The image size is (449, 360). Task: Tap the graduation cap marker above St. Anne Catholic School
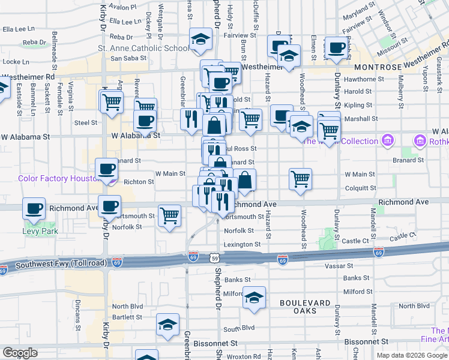[x=200, y=40]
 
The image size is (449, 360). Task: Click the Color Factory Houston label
[x=58, y=178]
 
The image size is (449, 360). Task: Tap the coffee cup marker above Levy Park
[x=34, y=209]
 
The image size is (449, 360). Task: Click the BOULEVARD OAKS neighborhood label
[x=306, y=303]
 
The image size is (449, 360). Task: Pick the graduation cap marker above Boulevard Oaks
[x=254, y=298]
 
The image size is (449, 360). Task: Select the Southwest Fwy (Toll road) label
[x=61, y=263]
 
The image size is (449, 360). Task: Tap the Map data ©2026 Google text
[x=412, y=355]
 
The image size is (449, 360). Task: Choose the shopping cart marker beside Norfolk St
[x=170, y=215]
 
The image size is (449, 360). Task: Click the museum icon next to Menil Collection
[x=388, y=141]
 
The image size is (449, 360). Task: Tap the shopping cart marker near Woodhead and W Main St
[x=300, y=178]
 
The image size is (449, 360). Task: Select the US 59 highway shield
[x=215, y=258]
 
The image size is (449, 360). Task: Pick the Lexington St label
[x=243, y=244]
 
